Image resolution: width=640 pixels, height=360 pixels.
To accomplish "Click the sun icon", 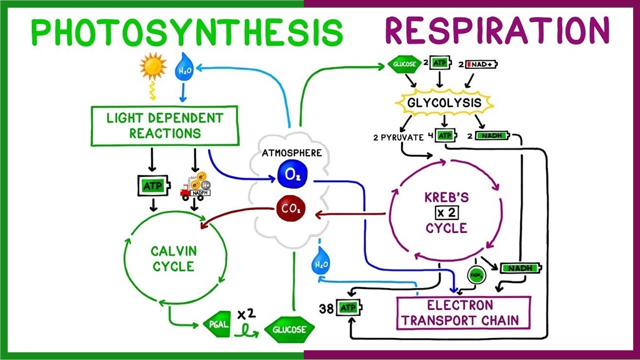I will pos(152,68).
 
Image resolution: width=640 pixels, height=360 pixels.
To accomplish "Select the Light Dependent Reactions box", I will pos(165,125).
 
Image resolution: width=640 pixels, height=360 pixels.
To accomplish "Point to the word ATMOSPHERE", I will pos(292,153).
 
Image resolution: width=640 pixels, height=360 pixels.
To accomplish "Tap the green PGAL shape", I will pos(216,325).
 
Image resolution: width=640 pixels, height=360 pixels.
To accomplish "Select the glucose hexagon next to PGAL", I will pos(289,329).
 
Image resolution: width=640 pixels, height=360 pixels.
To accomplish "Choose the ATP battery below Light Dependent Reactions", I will pos(152,186).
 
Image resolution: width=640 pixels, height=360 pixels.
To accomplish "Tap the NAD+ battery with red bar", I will pos(483,64).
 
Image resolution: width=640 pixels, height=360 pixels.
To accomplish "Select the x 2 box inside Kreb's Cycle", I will pos(446,212).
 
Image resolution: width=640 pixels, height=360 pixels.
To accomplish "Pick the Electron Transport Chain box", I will pos(463,313).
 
